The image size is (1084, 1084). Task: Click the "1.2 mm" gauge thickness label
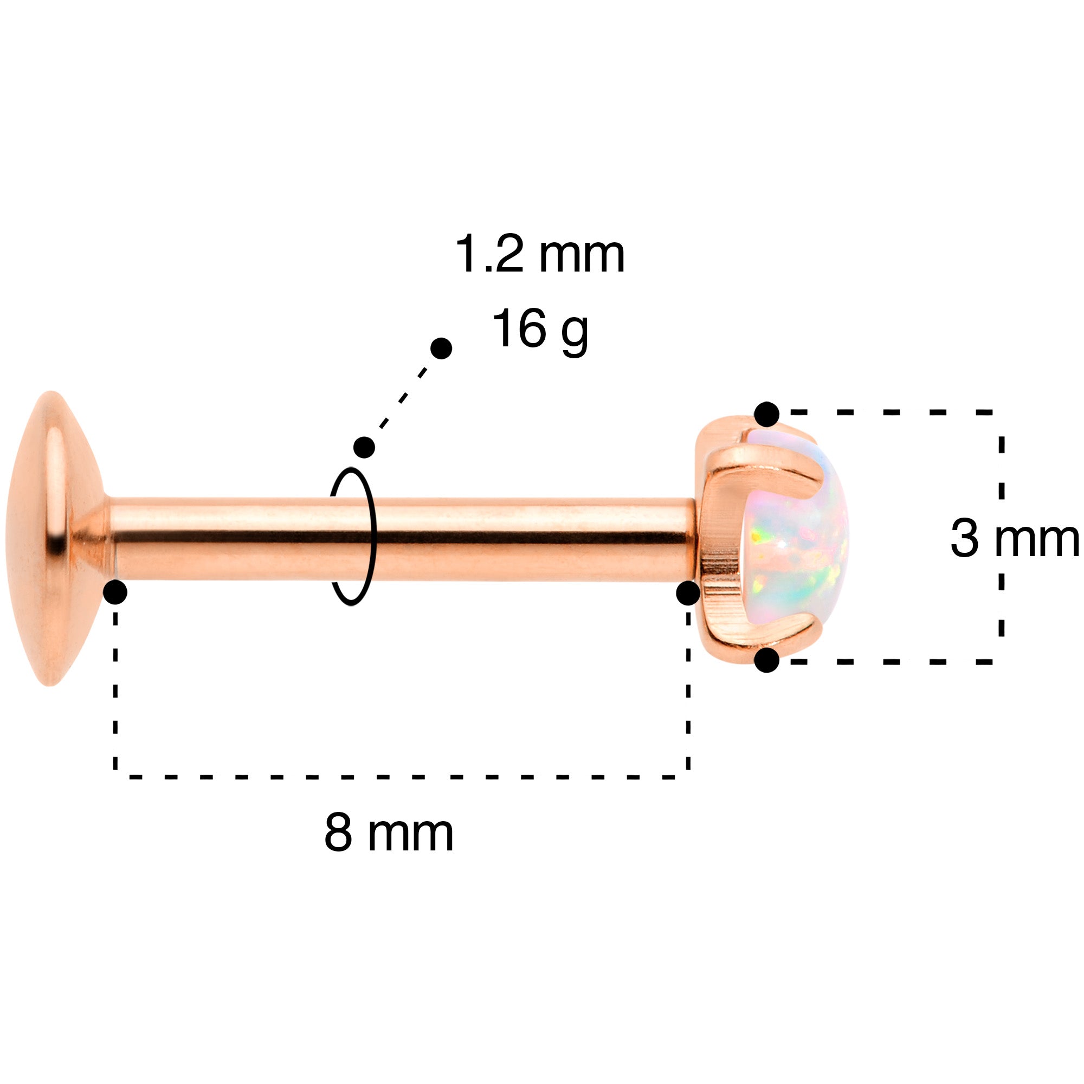click(539, 255)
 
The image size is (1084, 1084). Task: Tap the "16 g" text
click(539, 330)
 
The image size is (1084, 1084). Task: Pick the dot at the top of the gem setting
click(766, 415)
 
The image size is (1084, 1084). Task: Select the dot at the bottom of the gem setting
click(766, 660)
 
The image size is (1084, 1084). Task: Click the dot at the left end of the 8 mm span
click(115, 592)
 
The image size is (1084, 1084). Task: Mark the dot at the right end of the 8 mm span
click(688, 592)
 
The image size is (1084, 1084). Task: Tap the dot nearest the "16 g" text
click(441, 349)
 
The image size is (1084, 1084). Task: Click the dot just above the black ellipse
click(364, 447)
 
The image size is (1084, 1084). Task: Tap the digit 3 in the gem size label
click(965, 539)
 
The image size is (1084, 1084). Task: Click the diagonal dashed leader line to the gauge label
click(403, 398)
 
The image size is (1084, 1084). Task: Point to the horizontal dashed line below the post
click(401, 777)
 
